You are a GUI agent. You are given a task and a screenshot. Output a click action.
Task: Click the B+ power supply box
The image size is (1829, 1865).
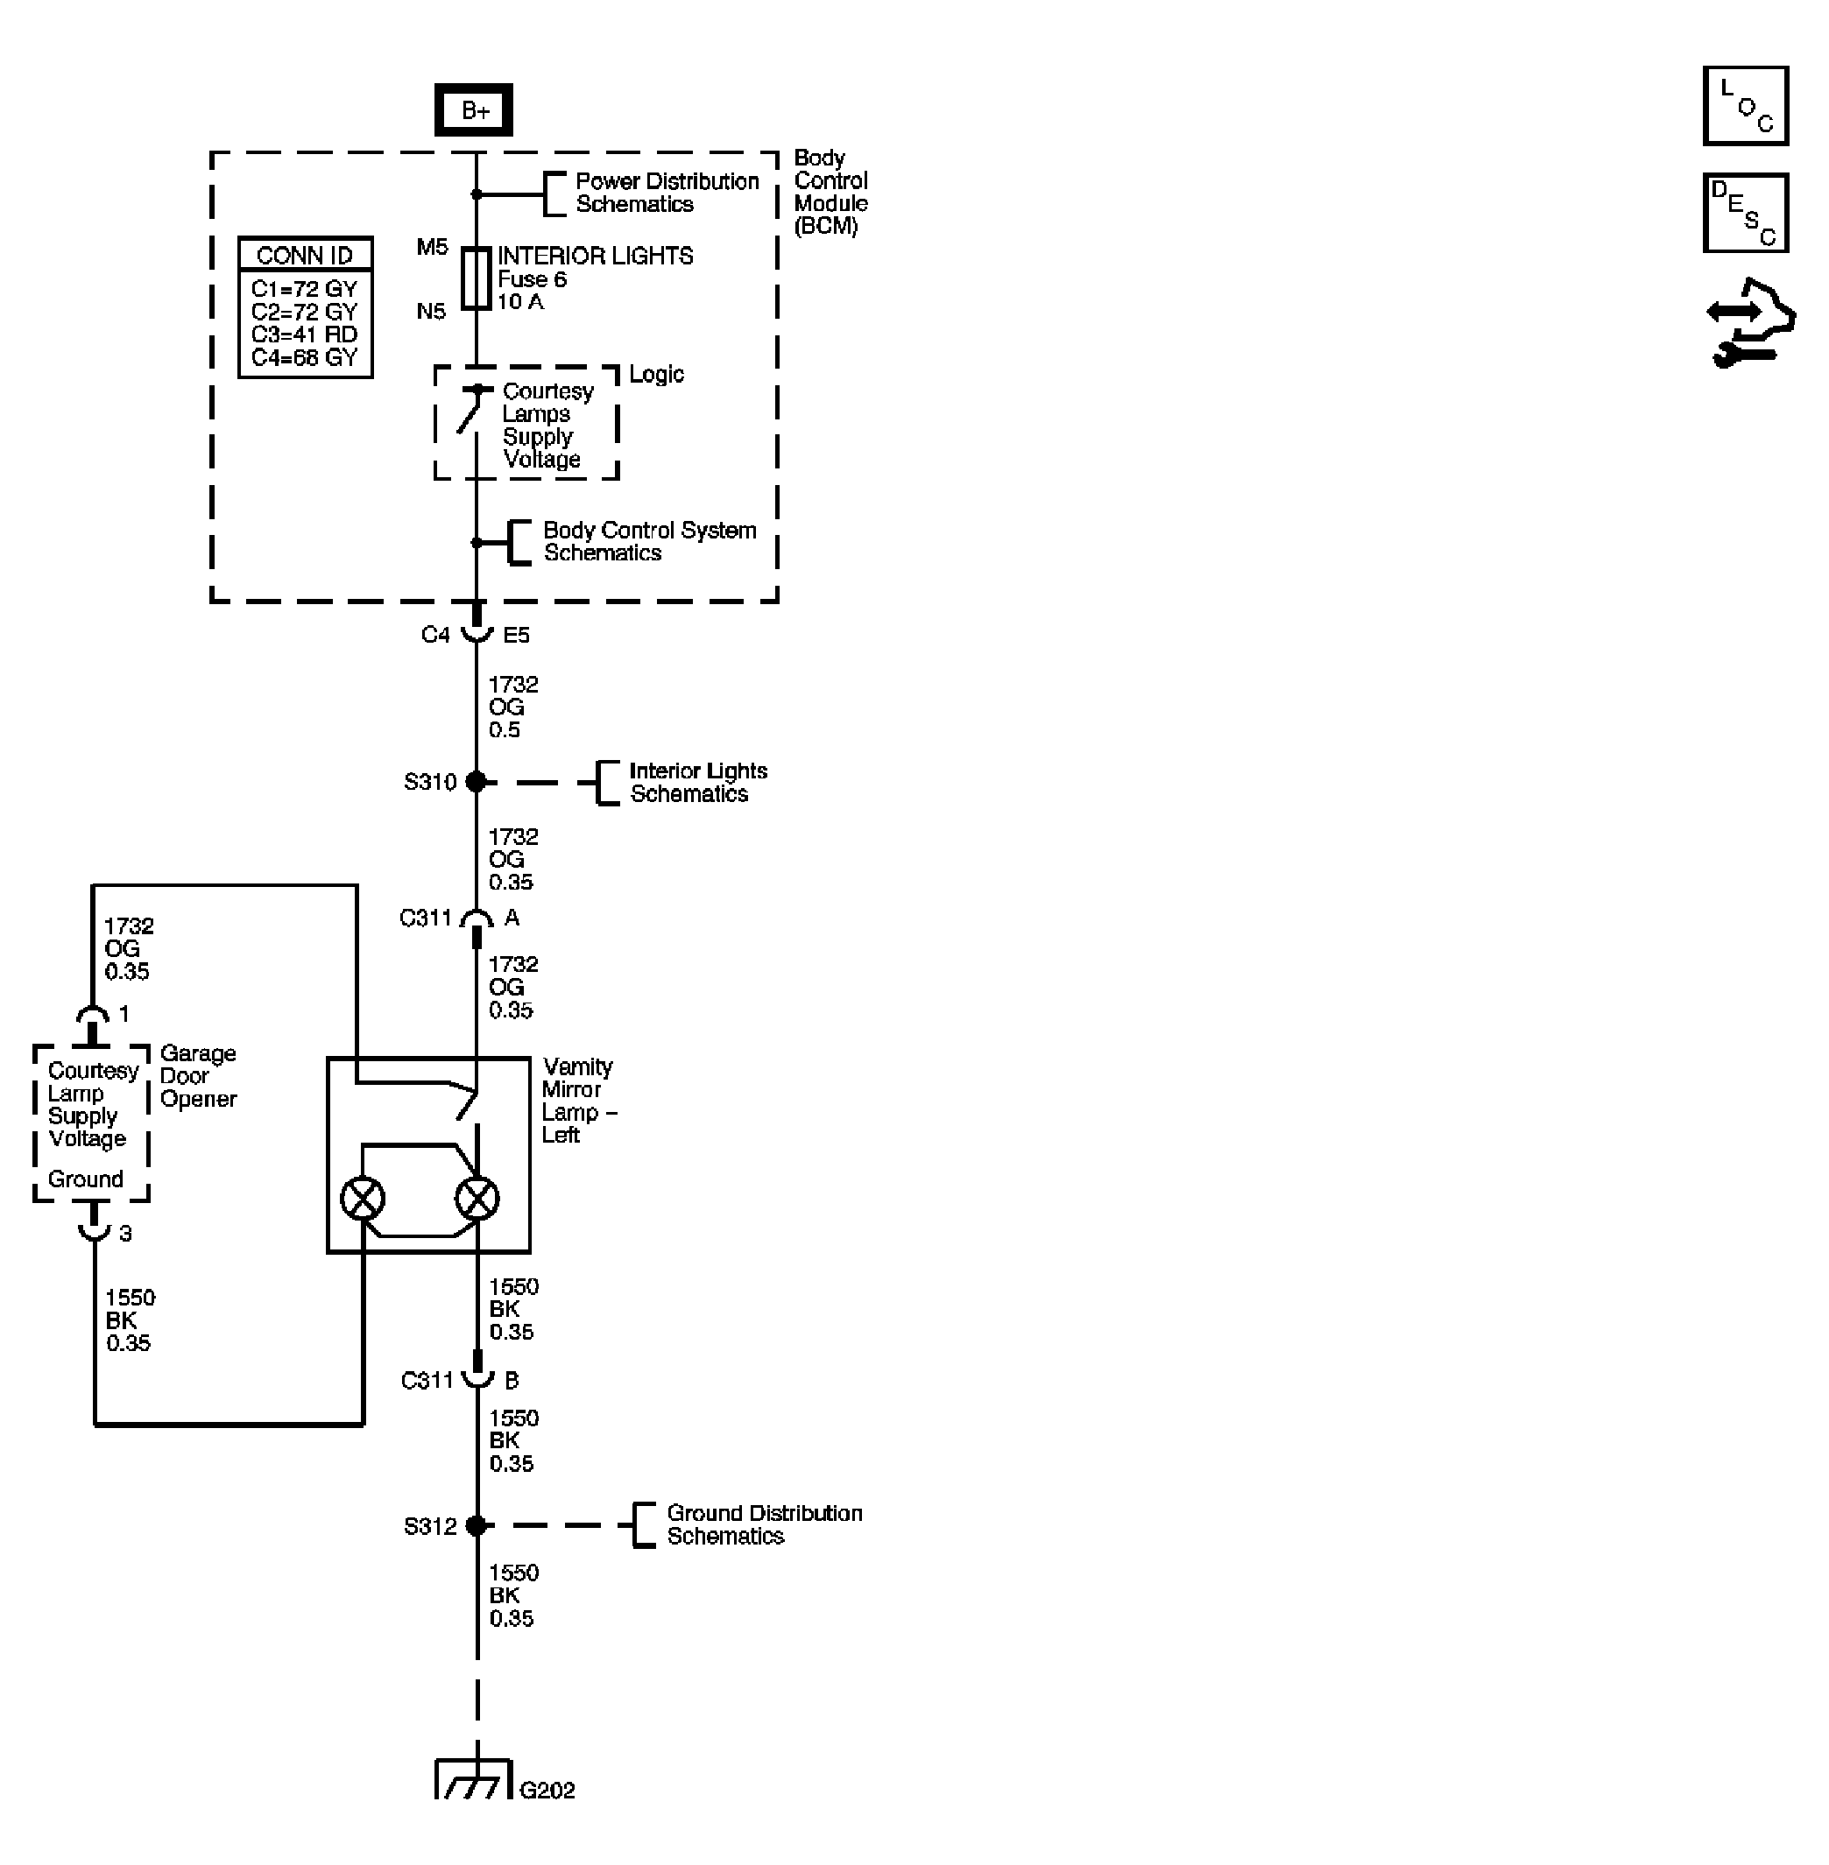click(474, 110)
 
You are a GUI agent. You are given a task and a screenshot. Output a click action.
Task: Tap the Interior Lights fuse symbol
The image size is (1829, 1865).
click(477, 279)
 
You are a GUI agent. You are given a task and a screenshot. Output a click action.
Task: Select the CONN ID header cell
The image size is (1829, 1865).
click(305, 255)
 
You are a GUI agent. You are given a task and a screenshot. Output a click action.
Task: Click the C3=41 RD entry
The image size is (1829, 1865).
click(304, 334)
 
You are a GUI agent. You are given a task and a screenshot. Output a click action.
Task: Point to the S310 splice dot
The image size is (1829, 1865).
click(476, 782)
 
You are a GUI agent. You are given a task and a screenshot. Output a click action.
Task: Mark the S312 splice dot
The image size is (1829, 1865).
click(476, 1525)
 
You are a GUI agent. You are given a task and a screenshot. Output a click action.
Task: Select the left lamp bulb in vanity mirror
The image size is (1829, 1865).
click(364, 1199)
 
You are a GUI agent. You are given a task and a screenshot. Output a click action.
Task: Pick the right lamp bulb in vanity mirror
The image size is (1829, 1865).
click(477, 1199)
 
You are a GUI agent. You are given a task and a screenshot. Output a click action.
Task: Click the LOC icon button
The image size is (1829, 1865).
click(1746, 106)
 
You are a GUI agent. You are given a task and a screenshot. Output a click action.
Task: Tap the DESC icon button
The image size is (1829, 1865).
click(1746, 212)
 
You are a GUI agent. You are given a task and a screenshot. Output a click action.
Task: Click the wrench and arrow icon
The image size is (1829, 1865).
click(1749, 325)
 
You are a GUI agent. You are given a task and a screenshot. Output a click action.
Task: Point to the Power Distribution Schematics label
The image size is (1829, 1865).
click(667, 193)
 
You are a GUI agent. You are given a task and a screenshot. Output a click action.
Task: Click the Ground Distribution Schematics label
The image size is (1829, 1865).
click(764, 1524)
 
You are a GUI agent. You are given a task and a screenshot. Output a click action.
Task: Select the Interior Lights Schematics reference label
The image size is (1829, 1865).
click(697, 782)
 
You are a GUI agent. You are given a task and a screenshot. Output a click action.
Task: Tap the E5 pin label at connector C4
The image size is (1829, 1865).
click(516, 635)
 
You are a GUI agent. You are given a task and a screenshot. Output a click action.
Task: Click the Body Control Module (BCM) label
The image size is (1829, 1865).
click(830, 191)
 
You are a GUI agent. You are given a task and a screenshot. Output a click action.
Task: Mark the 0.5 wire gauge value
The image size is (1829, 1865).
click(505, 730)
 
